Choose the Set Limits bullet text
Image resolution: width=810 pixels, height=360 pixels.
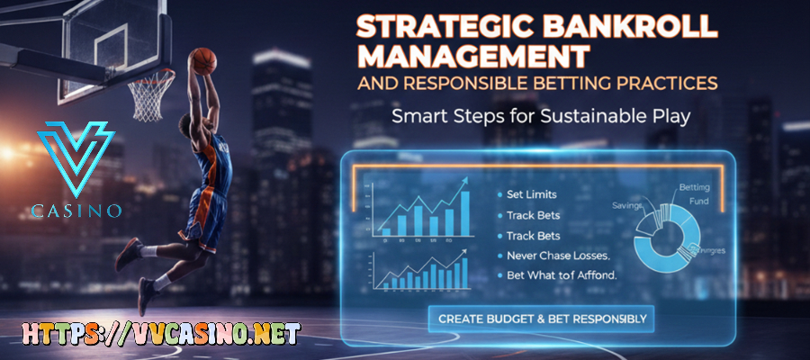532,193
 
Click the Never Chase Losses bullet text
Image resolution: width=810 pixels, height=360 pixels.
553,256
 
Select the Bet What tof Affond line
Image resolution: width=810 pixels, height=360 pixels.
557,275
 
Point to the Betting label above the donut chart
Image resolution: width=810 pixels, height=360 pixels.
693,188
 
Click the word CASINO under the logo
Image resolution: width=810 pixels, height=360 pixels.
76,212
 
